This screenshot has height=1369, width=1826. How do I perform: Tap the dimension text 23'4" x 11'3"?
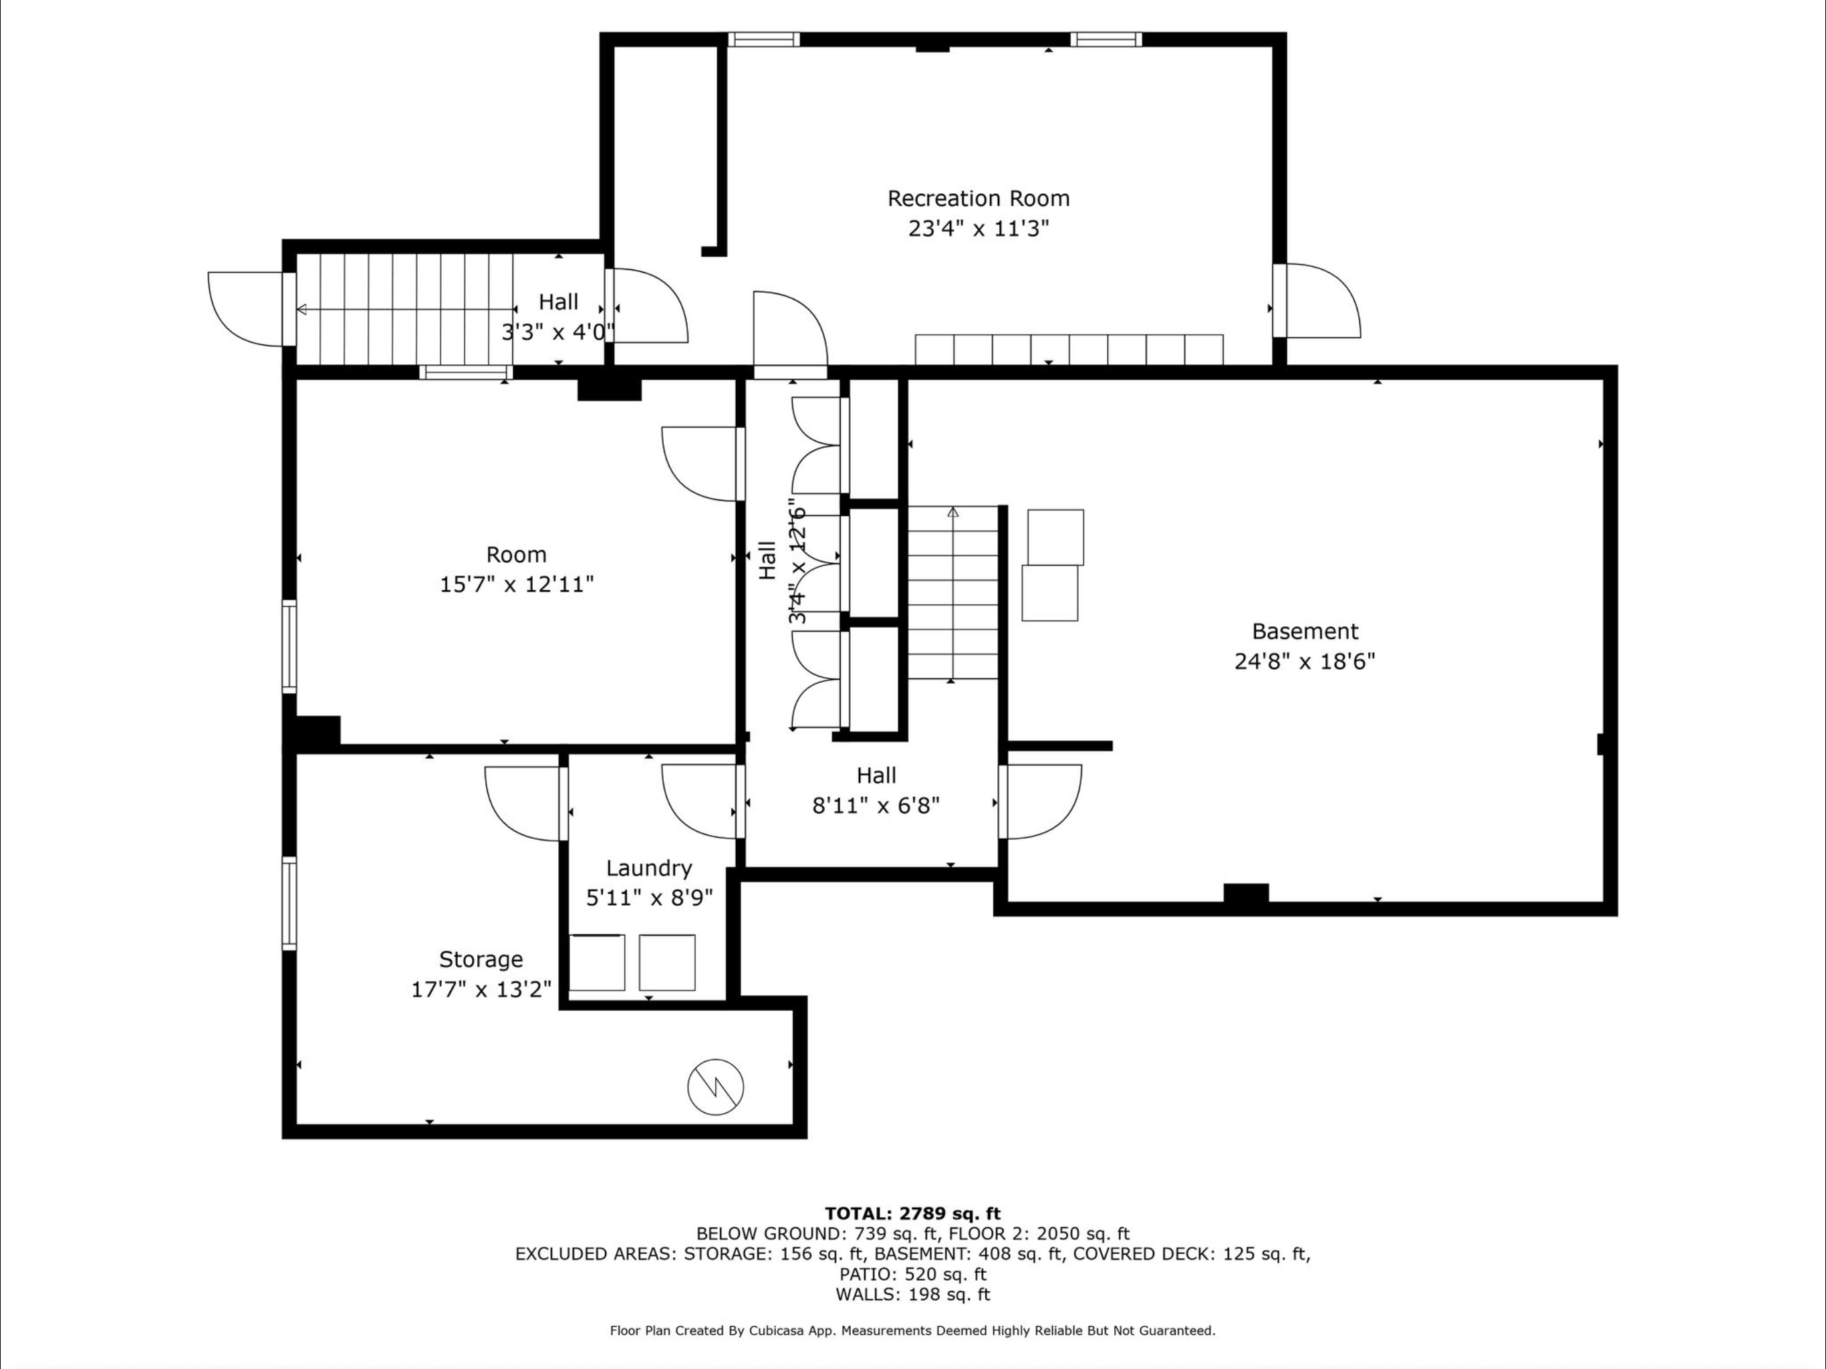979,228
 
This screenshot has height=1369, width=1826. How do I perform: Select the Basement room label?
1304,631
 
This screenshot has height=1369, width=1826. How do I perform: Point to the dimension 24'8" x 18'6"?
1304,660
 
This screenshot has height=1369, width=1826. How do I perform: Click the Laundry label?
649,868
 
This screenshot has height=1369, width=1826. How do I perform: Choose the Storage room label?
481,959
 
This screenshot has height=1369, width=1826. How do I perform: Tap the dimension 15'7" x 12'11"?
517,585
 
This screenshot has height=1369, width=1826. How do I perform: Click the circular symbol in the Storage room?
716,1088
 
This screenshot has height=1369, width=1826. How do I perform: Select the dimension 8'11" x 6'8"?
876,805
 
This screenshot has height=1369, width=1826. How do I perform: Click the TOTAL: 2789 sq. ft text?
912,1214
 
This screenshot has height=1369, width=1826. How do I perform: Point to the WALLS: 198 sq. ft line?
912,1295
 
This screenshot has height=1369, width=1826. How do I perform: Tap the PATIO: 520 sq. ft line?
912,1274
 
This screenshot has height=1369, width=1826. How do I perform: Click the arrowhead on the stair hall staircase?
301,309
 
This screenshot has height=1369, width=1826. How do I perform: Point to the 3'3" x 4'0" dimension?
558,332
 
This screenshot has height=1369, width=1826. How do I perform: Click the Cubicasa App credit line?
912,1330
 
